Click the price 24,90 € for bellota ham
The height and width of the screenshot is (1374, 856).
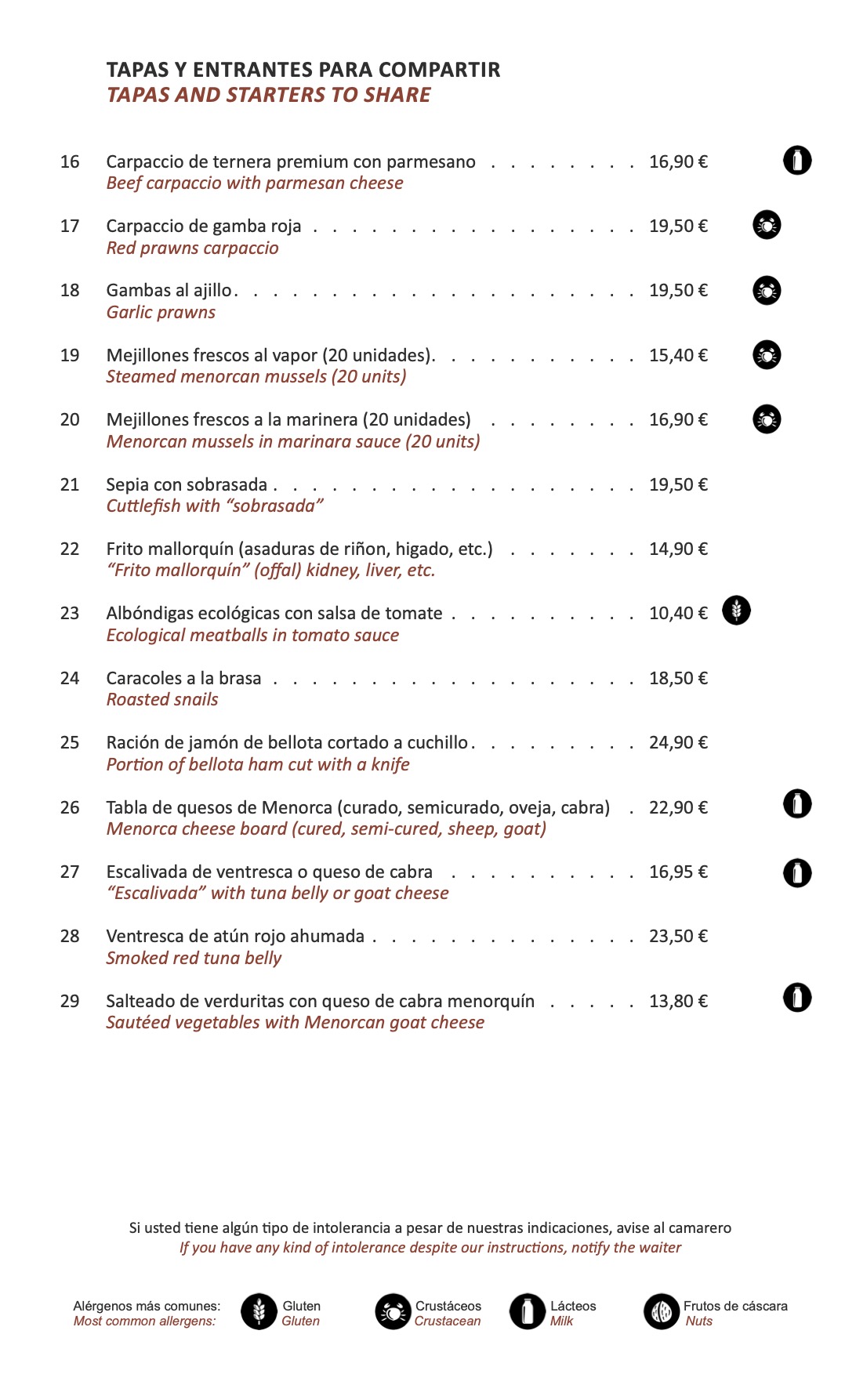[678, 742]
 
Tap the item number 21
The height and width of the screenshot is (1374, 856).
[70, 484]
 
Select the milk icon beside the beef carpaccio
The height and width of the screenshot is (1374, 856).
[797, 161]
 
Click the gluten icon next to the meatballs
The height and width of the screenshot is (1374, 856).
[736, 610]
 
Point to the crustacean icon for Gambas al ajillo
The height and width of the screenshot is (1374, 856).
[767, 290]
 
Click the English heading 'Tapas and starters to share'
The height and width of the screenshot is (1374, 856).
[269, 95]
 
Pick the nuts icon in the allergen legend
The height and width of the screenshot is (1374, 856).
[662, 1311]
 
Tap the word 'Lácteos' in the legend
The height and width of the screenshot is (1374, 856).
[573, 1306]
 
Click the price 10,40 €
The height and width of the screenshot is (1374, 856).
[678, 613]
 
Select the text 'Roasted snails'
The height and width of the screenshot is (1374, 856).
[162, 699]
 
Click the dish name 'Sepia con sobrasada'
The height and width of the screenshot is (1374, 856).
[187, 484]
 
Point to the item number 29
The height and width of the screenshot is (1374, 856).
[70, 1001]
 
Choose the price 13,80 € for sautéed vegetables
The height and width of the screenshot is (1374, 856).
[678, 1001]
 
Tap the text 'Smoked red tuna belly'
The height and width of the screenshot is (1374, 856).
[194, 958]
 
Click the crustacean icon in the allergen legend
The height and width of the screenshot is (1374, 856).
[393, 1311]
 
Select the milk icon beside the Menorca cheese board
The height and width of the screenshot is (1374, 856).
[797, 804]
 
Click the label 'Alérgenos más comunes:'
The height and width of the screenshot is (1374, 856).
[147, 1306]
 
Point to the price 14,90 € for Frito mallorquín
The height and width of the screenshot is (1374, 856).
[678, 549]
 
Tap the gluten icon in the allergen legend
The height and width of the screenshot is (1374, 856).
[259, 1311]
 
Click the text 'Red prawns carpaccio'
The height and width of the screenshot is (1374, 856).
[192, 248]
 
